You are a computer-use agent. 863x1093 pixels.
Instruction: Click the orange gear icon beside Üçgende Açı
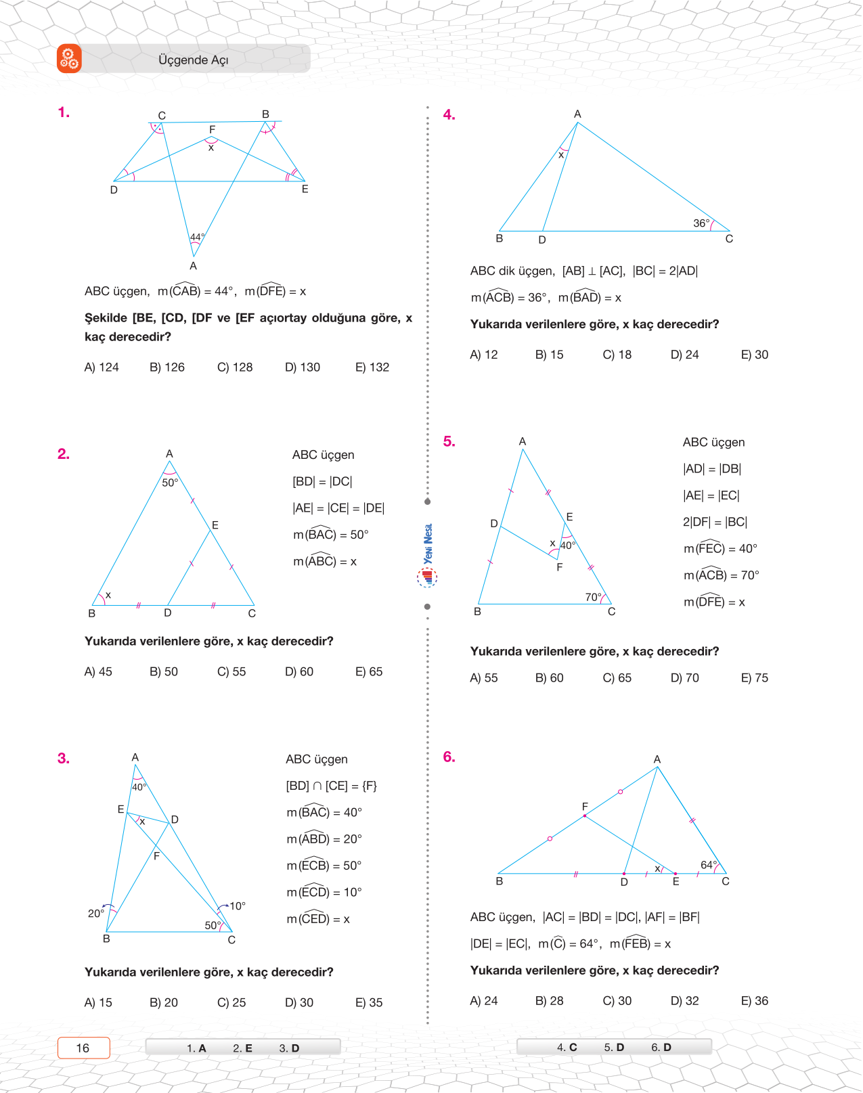[x=69, y=59]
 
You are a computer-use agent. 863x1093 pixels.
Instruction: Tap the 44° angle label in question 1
[x=197, y=237]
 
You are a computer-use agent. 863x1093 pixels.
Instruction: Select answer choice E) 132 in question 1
[x=372, y=367]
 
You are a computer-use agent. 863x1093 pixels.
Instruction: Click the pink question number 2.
[x=64, y=454]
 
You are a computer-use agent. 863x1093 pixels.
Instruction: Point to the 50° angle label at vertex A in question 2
[x=169, y=483]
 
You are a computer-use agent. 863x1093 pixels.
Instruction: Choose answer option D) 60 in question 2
[x=299, y=672]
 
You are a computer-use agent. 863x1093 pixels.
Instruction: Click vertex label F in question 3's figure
[x=156, y=856]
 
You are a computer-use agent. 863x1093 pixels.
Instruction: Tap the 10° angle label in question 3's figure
[x=237, y=906]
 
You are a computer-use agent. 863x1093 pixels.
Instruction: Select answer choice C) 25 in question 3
[x=231, y=1003]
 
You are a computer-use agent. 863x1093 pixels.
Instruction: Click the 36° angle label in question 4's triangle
[x=701, y=223]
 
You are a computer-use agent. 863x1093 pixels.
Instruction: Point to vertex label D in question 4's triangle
[x=542, y=240]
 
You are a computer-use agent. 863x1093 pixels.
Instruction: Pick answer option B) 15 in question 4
[x=549, y=355]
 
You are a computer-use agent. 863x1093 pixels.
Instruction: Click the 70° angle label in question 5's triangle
[x=593, y=597]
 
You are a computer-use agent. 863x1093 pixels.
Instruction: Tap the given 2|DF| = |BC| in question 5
[x=715, y=522]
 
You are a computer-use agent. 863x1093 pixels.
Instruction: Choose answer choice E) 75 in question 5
[x=755, y=678]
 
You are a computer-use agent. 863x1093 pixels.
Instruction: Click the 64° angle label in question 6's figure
[x=709, y=865]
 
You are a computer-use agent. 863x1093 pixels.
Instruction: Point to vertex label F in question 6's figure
[x=585, y=807]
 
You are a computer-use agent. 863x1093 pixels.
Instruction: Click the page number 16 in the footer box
[x=83, y=1048]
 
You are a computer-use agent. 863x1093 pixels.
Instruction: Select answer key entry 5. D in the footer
[x=614, y=1048]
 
